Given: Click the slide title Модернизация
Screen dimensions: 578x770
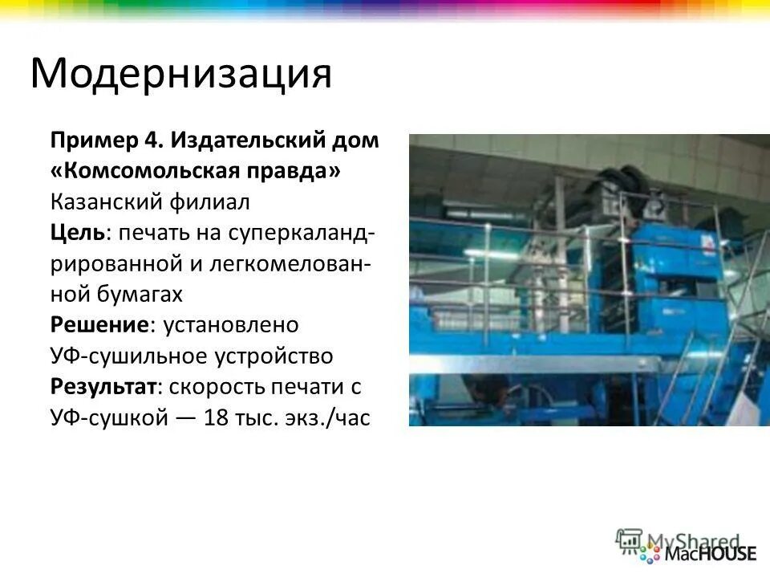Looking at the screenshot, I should tap(180, 74).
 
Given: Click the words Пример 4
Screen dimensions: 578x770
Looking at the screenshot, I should tap(106, 140).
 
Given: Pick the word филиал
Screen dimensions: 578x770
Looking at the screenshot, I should tap(216, 201).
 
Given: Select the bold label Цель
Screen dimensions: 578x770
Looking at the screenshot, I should tap(76, 232).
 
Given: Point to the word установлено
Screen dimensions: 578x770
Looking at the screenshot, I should tap(231, 324).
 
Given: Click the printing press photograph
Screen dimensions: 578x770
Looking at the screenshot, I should tap(589, 279).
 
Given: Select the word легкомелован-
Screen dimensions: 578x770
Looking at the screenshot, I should tap(290, 263).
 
